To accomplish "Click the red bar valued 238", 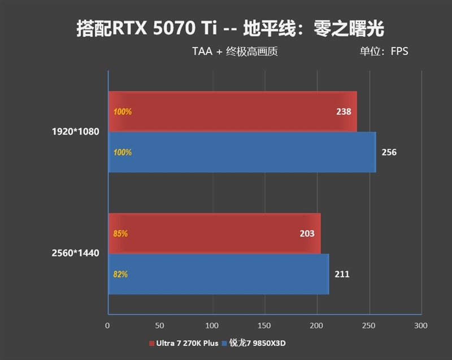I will tap(232, 111).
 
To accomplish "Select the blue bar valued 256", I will tap(242, 152).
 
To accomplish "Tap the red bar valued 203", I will tap(214, 233).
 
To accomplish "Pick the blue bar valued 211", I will tap(218, 274).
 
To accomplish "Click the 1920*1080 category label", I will tap(75, 132).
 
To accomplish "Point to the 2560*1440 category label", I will tap(75, 253).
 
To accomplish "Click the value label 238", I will tap(344, 112).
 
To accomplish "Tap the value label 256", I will tap(389, 153).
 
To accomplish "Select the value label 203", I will tap(307, 233).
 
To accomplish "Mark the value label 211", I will tap(342, 275).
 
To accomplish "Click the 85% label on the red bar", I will tap(120, 233).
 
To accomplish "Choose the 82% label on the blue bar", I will tap(120, 275).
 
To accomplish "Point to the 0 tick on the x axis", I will tap(107, 326).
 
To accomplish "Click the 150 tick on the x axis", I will tap(264, 326).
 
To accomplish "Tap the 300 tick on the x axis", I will tap(421, 326).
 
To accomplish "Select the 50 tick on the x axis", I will tap(160, 326).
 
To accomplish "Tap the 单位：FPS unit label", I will tap(384, 51).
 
